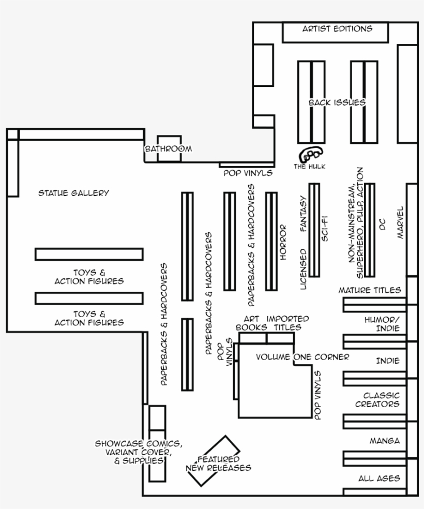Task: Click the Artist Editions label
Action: pos(337,29)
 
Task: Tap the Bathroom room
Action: pos(169,148)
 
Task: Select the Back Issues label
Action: pos(337,102)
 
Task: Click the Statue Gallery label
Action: pos(74,193)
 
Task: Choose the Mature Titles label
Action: pos(370,290)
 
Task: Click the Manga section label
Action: pos(384,441)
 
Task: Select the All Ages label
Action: pos(379,478)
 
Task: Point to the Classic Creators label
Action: pos(377,400)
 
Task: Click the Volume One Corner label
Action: pos(302,357)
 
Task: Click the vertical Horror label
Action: pos(283,242)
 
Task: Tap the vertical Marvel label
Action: pos(400,223)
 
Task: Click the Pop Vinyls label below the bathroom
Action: pos(248,173)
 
